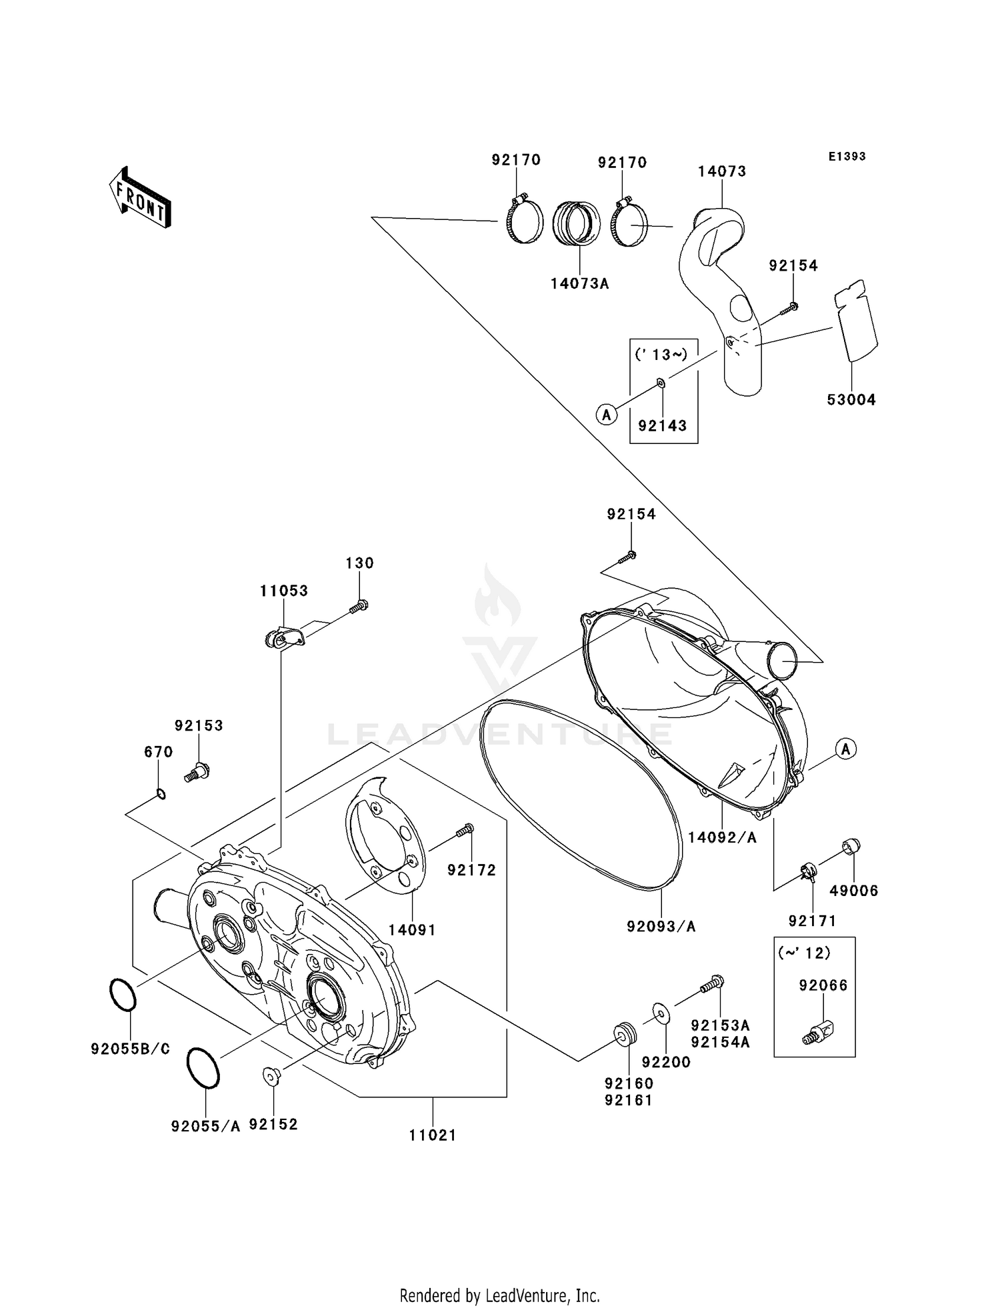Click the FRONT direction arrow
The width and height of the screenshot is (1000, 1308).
[x=140, y=199]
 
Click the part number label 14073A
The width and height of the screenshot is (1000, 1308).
[x=579, y=283]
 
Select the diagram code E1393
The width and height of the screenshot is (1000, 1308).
[x=847, y=157]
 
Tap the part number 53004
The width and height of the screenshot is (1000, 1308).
[x=851, y=400]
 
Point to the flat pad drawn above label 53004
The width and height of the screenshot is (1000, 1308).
[x=855, y=321]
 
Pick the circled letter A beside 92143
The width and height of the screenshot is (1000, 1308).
[x=606, y=415]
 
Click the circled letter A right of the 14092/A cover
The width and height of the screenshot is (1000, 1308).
[x=845, y=749]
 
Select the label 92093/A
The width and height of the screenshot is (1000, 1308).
[x=661, y=927]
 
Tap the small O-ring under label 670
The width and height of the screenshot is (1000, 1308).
[x=161, y=793]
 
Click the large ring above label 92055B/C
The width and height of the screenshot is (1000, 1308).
[x=123, y=995]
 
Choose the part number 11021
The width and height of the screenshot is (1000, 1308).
[x=433, y=1135]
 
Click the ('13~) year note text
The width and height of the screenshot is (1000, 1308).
[x=661, y=355]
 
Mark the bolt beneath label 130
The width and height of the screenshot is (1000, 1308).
[x=359, y=606]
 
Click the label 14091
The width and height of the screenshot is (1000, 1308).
[x=412, y=930]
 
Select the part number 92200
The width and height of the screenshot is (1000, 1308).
[x=665, y=1062]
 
